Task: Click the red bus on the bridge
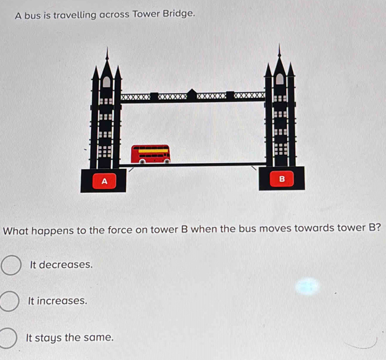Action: [150, 153]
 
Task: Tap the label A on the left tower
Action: [105, 181]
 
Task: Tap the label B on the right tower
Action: [282, 179]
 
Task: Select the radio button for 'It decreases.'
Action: [11, 266]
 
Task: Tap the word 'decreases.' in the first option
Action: [67, 265]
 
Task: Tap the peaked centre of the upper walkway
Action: [192, 92]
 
